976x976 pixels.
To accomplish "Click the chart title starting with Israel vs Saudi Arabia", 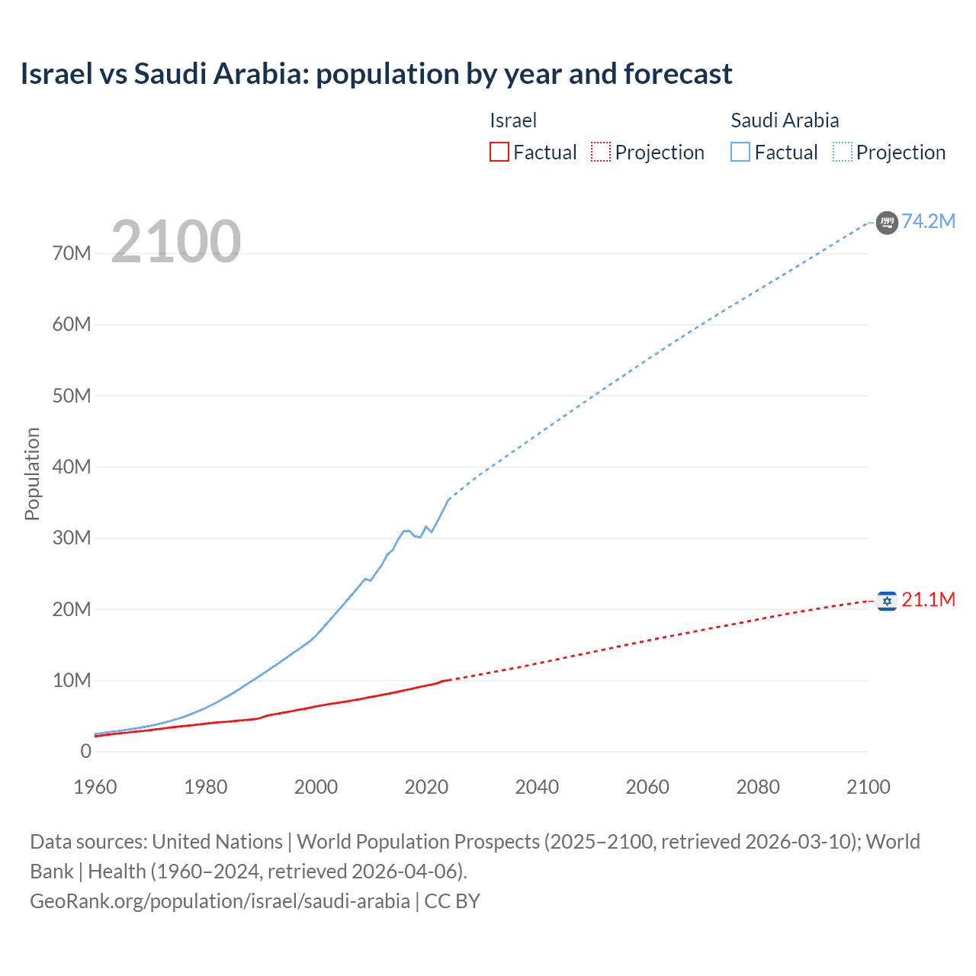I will point(376,74).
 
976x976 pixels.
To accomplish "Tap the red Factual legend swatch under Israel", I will point(499,152).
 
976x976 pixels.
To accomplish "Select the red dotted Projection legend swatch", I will point(601,152).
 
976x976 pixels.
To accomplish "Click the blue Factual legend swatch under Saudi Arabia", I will point(740,152).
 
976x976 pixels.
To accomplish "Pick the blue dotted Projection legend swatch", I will point(843,152).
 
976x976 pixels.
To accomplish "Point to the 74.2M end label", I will point(928,221).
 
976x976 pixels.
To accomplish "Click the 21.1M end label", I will point(928,600).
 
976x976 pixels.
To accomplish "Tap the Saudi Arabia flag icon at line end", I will point(887,223).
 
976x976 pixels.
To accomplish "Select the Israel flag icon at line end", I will point(887,602).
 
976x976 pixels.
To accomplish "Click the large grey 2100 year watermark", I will point(176,242).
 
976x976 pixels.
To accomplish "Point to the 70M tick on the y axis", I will point(72,254).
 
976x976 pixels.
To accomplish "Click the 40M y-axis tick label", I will point(72,467).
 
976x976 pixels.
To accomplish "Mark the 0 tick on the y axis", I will point(85,751).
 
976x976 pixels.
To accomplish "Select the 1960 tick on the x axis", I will point(95,787).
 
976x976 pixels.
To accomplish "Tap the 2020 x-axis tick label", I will point(426,787).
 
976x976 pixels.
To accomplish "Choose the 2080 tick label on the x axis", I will point(758,787).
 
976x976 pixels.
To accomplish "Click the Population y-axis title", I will point(32,474).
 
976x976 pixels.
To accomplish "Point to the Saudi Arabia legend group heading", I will point(785,120).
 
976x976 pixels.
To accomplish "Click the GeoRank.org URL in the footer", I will point(220,901).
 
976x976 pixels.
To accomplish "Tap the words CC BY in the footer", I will point(452,901).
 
